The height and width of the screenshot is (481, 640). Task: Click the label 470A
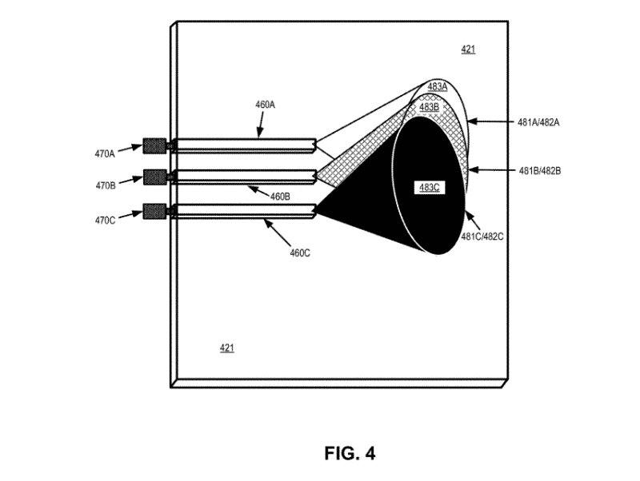[x=105, y=154]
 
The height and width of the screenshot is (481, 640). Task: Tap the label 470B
[x=106, y=186]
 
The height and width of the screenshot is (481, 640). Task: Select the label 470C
[x=106, y=221]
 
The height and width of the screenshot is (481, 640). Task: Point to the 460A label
[x=266, y=105]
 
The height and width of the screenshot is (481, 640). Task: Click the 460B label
[x=281, y=197]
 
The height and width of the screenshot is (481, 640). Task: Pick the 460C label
[x=300, y=253]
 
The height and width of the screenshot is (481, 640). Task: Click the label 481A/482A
[x=538, y=122]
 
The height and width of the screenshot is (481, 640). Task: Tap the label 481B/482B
[x=539, y=171]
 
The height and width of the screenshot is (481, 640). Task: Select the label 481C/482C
[x=482, y=237]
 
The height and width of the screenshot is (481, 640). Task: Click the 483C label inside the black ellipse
[x=430, y=188]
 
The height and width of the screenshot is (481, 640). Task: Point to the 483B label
[x=429, y=108]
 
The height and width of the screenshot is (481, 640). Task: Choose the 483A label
[x=438, y=87]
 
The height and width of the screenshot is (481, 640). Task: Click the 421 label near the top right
[x=468, y=50]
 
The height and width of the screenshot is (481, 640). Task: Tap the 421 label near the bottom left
[x=227, y=348]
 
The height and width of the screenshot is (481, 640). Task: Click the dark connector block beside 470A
[x=154, y=146]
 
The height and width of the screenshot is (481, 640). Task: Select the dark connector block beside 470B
[x=155, y=177]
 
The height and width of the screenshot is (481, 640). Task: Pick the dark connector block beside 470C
[x=154, y=211]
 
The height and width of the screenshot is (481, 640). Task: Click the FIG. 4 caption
[x=350, y=453]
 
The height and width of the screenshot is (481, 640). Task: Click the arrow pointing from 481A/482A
[x=490, y=121]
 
